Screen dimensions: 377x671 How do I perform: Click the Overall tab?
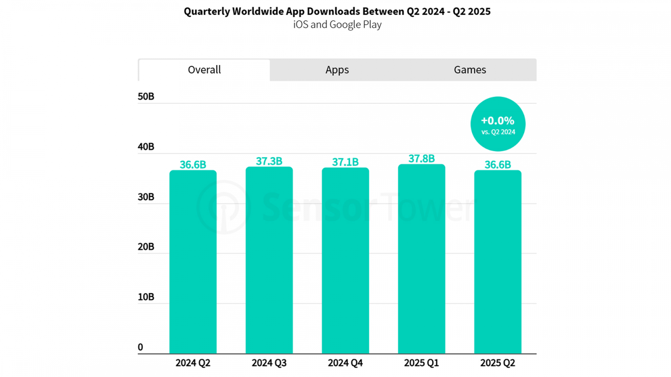(x=204, y=70)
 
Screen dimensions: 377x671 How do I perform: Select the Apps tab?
(x=337, y=70)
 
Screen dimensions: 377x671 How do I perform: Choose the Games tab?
(x=470, y=70)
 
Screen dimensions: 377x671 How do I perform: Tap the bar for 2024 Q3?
(x=269, y=260)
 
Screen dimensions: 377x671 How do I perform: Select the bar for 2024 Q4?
(x=345, y=260)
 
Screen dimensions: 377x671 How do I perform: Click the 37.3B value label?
(x=269, y=161)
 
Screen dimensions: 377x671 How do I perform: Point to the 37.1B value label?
(x=345, y=162)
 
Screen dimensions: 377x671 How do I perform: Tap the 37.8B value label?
(x=421, y=159)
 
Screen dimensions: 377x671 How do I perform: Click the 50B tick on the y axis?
(x=146, y=96)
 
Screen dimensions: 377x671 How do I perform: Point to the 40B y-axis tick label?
(x=146, y=147)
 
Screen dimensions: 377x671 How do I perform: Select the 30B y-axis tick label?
(x=146, y=197)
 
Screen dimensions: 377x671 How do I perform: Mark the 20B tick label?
(x=146, y=247)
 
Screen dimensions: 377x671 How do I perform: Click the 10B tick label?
(x=146, y=297)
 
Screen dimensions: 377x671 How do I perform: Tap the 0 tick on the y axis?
(x=140, y=347)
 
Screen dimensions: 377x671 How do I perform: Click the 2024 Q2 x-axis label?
(x=193, y=363)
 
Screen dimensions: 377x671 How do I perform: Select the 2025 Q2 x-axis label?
(x=497, y=363)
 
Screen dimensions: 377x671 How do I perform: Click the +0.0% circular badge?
(x=498, y=124)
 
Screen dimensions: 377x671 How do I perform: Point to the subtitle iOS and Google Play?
(x=337, y=24)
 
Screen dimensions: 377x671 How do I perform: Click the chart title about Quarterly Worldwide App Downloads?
(x=337, y=11)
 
